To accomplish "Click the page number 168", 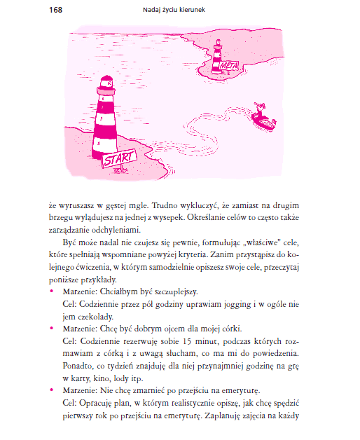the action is coord(55,10).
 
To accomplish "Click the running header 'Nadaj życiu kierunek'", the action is coord(174,10).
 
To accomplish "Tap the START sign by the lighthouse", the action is coord(119,158).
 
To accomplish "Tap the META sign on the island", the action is coord(229,66).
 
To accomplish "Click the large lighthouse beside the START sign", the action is coord(105,117).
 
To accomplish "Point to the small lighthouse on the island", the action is coord(217,57).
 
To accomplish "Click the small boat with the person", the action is coord(263,117).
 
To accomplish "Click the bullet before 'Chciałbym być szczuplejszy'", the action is coord(51,291).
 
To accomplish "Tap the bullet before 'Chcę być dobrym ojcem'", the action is coord(51,328).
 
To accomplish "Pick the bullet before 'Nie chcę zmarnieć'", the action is coord(51,390).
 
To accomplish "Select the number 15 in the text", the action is coord(187,341).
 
